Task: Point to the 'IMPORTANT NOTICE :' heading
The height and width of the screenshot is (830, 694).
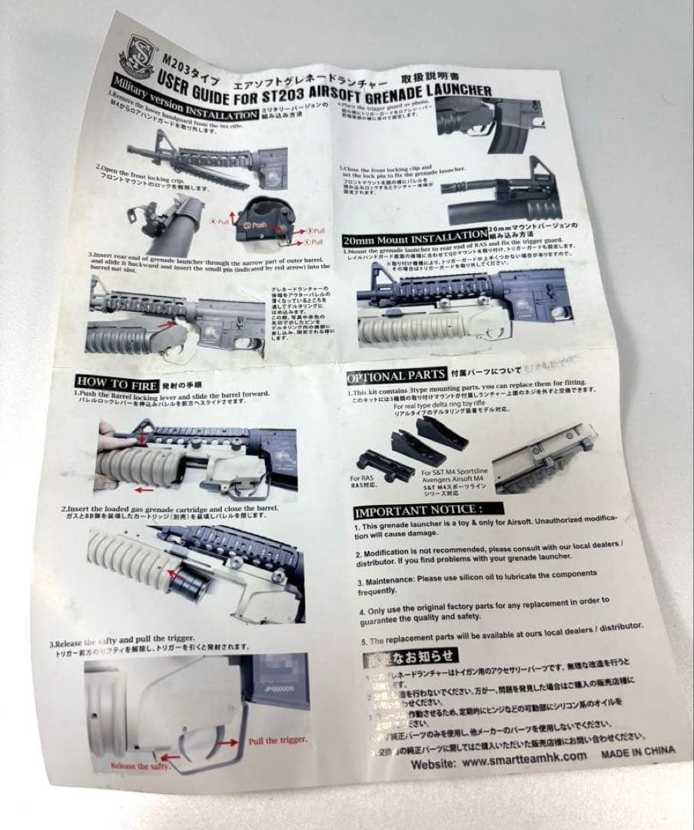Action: point(418,509)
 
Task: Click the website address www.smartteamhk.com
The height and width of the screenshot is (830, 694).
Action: point(526,760)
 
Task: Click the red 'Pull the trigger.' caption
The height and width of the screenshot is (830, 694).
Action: point(277,740)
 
